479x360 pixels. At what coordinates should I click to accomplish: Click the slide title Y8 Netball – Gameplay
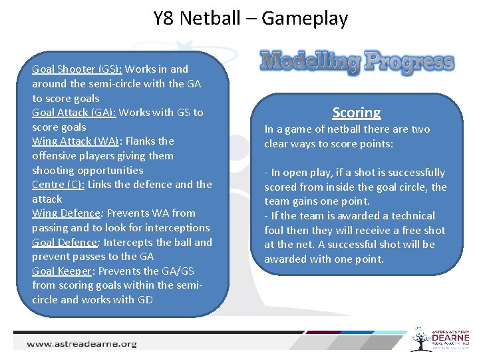[x=250, y=18]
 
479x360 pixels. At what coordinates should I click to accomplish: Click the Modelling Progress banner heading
[x=357, y=62]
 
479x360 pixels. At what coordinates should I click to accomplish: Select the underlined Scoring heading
[x=357, y=113]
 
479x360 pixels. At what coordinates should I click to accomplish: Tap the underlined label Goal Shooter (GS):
[x=77, y=69]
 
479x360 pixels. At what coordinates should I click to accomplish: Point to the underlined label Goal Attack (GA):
[x=74, y=112]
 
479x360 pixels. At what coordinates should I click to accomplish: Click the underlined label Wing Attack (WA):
[x=75, y=141]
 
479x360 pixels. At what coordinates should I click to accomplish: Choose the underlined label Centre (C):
[x=58, y=185]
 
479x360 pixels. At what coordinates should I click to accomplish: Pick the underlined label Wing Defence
[x=65, y=213]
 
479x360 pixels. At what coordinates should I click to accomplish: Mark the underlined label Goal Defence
[x=65, y=242]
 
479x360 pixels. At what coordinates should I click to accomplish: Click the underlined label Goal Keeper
[x=62, y=271]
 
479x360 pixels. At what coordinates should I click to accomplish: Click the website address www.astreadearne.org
[x=82, y=344]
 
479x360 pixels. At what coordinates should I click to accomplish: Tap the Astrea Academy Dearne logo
[x=441, y=340]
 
